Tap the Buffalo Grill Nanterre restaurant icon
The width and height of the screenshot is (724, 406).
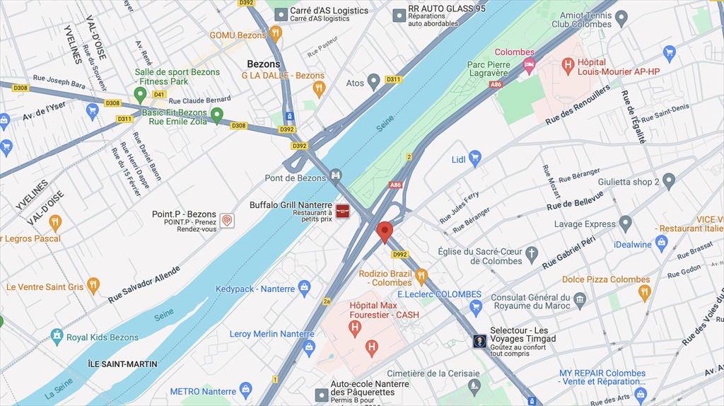pyautogui.click(x=343, y=211)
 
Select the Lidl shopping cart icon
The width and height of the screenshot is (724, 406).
pyautogui.click(x=475, y=159)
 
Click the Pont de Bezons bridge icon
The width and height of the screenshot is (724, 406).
pyautogui.click(x=336, y=174)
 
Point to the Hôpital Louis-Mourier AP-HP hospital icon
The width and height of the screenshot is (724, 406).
pyautogui.click(x=567, y=66)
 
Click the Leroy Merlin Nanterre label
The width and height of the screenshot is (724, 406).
pyautogui.click(x=271, y=334)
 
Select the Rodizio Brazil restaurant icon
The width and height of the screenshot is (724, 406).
pyautogui.click(x=421, y=276)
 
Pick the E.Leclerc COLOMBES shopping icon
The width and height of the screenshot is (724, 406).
pyautogui.click(x=476, y=306)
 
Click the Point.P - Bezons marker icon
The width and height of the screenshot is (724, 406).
pyautogui.click(x=226, y=220)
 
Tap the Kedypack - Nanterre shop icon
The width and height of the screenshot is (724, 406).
pyautogui.click(x=304, y=288)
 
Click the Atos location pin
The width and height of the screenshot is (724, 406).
pyautogui.click(x=374, y=83)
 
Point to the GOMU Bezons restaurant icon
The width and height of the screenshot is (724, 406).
pyautogui.click(x=276, y=34)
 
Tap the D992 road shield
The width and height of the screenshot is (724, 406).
pyautogui.click(x=399, y=255)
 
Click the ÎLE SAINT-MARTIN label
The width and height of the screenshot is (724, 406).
pyautogui.click(x=123, y=364)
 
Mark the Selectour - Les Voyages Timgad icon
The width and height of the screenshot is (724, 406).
pyautogui.click(x=480, y=342)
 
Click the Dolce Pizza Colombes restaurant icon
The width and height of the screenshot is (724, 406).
pyautogui.click(x=643, y=291)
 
